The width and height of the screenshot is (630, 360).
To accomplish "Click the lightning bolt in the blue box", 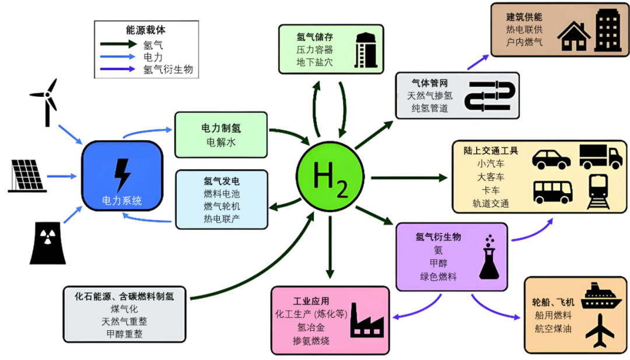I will [x=122, y=174].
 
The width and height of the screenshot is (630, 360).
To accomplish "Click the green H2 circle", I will [x=330, y=175].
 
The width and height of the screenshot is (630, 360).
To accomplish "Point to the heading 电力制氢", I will [x=221, y=127].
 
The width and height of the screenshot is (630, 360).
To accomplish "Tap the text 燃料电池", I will [x=221, y=193].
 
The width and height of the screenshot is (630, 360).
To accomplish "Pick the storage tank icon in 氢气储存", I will [x=366, y=50].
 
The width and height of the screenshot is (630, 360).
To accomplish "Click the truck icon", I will [x=600, y=156].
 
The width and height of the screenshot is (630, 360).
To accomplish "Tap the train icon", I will [x=599, y=191].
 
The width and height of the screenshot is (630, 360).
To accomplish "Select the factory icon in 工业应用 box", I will [x=366, y=321].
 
